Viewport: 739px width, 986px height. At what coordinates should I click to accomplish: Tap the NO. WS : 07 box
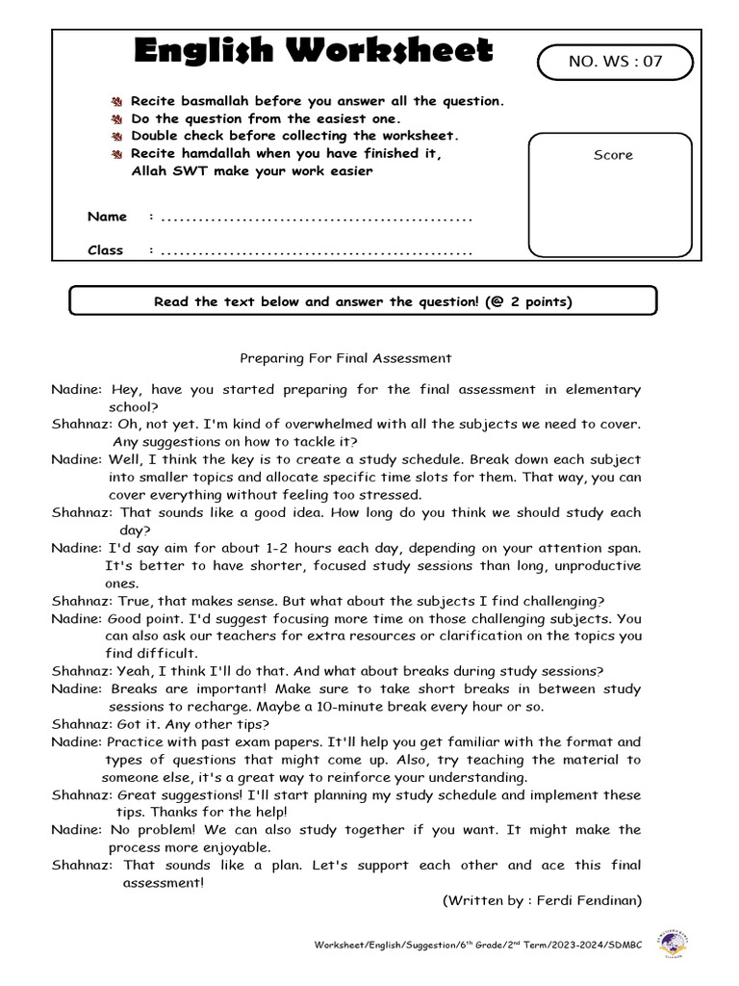click(x=615, y=63)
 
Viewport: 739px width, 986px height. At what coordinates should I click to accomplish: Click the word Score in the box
click(x=613, y=155)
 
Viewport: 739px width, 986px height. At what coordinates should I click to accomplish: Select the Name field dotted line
click(x=317, y=219)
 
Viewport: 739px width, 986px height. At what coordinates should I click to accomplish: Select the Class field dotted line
click(x=317, y=252)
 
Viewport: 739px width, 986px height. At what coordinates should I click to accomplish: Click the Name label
click(x=107, y=217)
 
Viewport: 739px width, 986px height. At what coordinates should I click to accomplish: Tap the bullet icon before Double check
click(x=117, y=137)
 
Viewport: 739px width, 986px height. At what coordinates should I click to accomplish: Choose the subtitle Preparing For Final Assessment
click(x=344, y=358)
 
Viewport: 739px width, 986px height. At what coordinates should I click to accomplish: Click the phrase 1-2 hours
click(x=307, y=547)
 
